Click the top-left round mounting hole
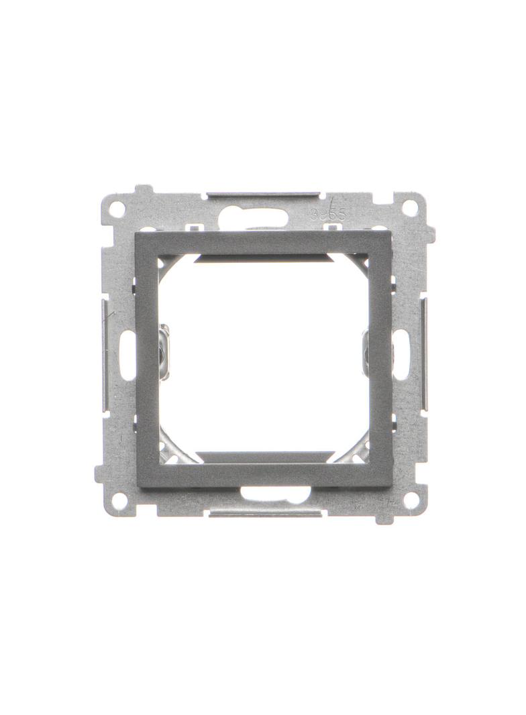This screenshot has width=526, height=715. tap(117, 209)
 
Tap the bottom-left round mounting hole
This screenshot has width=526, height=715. tap(119, 500)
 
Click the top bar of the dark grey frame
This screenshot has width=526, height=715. tap(264, 242)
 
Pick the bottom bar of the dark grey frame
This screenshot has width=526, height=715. tap(264, 474)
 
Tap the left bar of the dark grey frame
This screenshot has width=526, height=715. tap(148, 359)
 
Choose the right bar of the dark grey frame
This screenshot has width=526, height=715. tap(380, 359)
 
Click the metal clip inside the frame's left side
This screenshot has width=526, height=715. tap(164, 351)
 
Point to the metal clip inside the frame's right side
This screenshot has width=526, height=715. tap(365, 351)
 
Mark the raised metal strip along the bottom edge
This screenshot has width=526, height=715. tap(264, 513)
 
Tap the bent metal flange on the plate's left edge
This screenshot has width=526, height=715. tap(105, 355)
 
